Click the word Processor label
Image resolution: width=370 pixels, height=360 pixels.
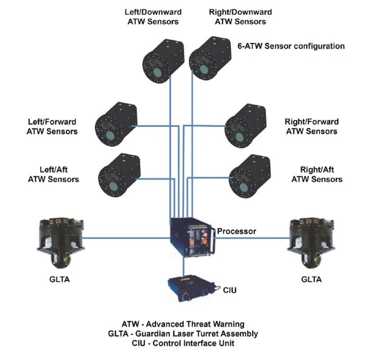tap(236, 231)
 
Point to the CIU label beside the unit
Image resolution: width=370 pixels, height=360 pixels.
tap(230, 290)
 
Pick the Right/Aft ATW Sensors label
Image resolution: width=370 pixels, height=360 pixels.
tap(317, 175)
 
